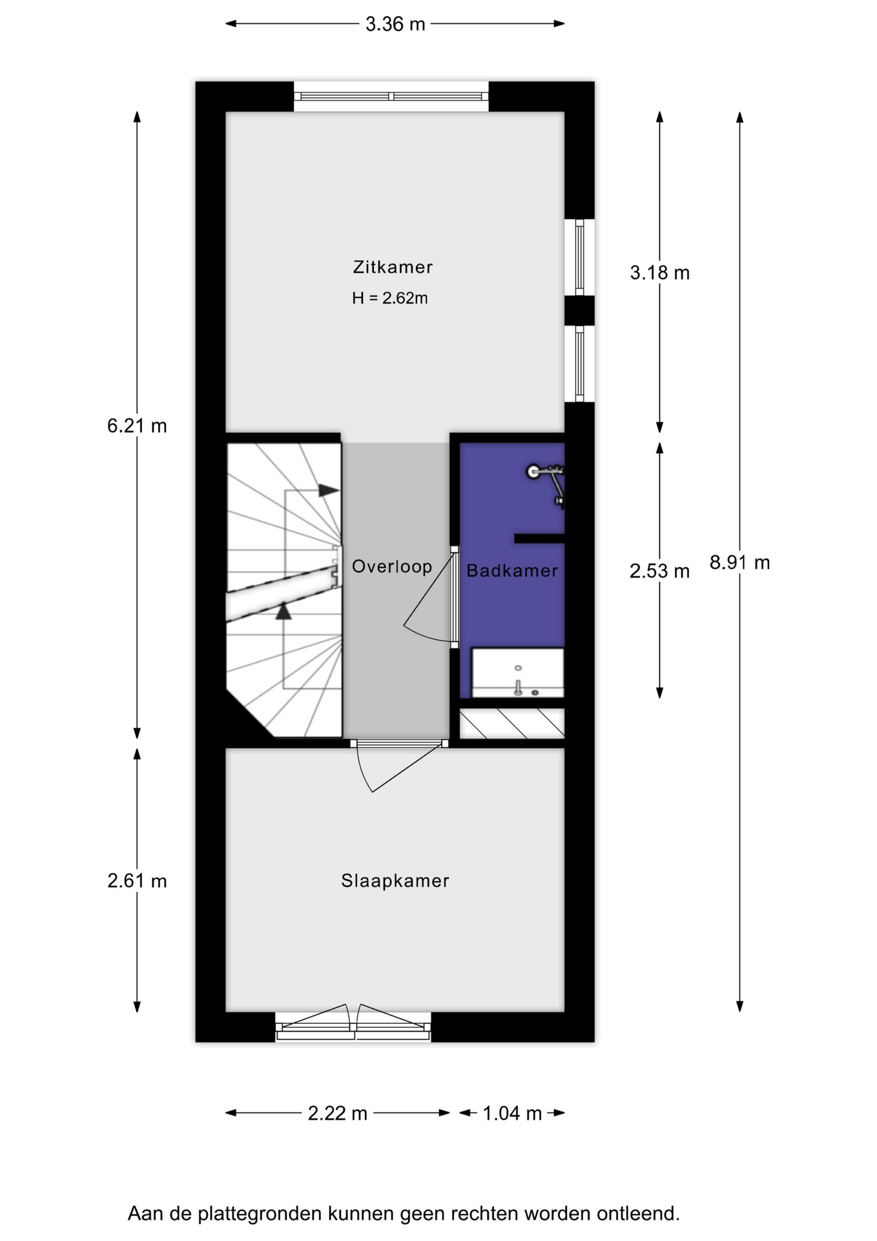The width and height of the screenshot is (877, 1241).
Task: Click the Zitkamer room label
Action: [x=393, y=267]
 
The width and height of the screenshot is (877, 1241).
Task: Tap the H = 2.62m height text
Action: [x=390, y=298]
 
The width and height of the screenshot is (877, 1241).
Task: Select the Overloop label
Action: [x=392, y=567]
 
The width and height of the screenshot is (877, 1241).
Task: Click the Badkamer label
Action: [x=512, y=571]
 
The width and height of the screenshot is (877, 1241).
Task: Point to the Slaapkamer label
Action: [x=395, y=881]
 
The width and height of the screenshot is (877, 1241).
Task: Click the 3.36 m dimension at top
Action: [x=395, y=24]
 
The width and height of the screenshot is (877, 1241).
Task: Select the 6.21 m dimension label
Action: [x=137, y=426]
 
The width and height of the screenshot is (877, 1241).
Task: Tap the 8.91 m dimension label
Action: [x=740, y=563]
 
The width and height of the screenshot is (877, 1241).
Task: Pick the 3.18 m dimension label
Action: [x=660, y=273]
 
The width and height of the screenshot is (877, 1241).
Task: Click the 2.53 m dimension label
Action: [x=660, y=571]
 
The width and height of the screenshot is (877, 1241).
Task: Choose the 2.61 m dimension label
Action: [x=137, y=881]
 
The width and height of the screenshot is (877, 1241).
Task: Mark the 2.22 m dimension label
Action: [x=338, y=1113]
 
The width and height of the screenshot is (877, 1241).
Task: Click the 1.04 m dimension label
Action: [x=512, y=1113]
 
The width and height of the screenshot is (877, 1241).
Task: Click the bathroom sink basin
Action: [x=518, y=673]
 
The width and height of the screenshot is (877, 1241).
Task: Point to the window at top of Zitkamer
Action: [x=391, y=96]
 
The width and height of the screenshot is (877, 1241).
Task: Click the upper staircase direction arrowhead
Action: [x=329, y=491]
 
